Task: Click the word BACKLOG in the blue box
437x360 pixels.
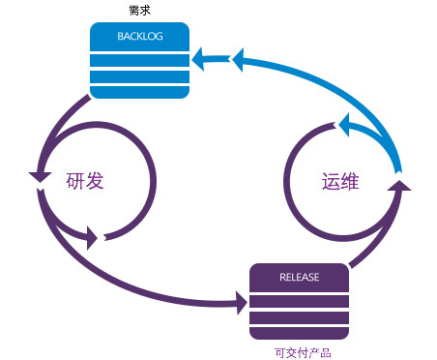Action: tap(139, 38)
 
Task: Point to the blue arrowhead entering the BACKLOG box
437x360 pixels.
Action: tap(200, 61)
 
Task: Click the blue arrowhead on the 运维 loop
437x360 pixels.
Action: tap(344, 123)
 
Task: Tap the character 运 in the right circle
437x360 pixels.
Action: tap(333, 181)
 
